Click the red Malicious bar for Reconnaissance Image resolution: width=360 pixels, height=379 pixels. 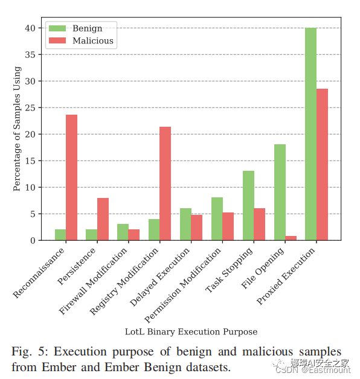(71, 177)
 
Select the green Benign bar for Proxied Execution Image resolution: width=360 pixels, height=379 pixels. (310, 134)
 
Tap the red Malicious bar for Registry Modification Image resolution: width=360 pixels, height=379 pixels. (165, 183)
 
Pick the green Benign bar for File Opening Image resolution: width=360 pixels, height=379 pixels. (280, 193)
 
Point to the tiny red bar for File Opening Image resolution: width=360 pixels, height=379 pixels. (291, 238)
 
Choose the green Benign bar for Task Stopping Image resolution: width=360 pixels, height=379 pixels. (248, 206)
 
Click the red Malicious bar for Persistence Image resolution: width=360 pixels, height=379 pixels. (103, 219)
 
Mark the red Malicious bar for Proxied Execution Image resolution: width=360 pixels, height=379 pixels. (322, 165)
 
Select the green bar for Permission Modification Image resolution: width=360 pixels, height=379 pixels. (217, 219)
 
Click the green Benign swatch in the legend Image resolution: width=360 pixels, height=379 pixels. (57, 28)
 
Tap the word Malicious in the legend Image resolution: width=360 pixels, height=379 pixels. (93, 40)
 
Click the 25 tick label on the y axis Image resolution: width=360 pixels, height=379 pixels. (30, 108)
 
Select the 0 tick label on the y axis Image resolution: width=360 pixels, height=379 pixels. (33, 241)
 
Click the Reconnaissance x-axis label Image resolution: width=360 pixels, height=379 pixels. (39, 273)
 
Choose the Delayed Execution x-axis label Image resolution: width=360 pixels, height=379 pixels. (159, 277)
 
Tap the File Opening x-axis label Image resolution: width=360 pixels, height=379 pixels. (263, 268)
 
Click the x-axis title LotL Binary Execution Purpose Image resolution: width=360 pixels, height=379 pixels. (191, 332)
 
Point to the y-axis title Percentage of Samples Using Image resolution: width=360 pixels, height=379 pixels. (17, 129)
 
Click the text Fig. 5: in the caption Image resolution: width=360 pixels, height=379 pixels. (30, 351)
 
